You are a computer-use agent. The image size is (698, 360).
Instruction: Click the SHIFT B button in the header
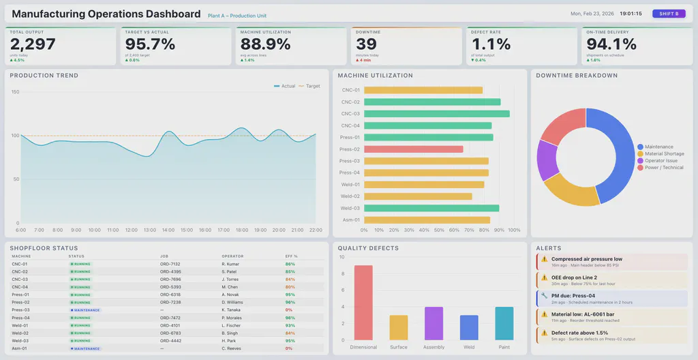668,14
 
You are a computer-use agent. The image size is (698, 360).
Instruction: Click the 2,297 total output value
33,44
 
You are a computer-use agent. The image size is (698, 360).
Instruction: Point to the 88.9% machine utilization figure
265,44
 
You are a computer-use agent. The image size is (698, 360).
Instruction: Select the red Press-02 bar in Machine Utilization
413,149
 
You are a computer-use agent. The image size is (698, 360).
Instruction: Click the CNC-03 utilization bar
436,114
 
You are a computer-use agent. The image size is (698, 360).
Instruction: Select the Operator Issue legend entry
661,161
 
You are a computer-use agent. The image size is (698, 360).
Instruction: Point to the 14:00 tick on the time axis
168,230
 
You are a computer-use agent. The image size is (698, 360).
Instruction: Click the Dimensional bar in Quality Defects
363,302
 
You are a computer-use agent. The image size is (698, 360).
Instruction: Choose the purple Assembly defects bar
434,323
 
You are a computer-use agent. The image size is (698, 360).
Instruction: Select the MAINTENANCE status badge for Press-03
86,310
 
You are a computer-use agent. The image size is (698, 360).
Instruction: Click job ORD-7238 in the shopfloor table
170,302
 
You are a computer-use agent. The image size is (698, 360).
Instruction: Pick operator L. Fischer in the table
232,325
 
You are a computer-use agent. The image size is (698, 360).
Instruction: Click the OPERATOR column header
232,256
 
